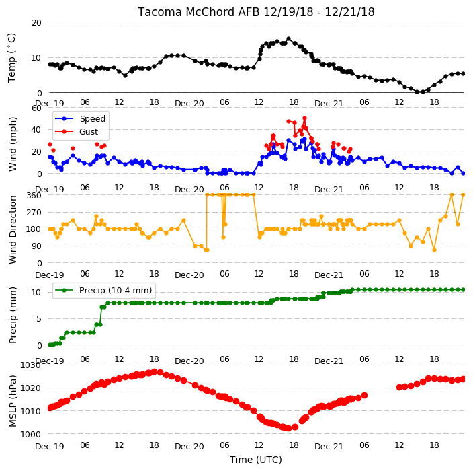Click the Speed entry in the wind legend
81,118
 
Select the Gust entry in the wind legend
77,132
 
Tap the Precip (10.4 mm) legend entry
103,290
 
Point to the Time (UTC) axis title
256,460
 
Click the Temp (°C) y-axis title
11,58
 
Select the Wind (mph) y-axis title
12,144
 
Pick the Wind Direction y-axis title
12,230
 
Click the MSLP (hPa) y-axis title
12,401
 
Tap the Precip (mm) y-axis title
12,315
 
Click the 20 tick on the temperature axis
36,22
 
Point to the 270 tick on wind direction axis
34,213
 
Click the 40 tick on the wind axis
36,130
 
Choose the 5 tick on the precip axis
38,319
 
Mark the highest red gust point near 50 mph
304,118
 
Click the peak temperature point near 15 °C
288,38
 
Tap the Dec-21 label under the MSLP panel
329,446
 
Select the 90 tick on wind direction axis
36,246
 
